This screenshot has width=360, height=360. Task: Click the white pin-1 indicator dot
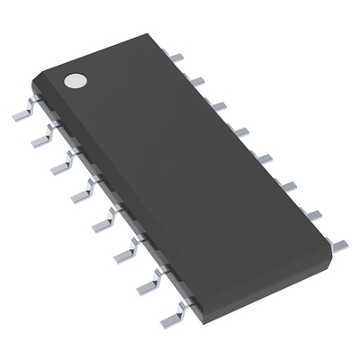click(75, 80)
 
